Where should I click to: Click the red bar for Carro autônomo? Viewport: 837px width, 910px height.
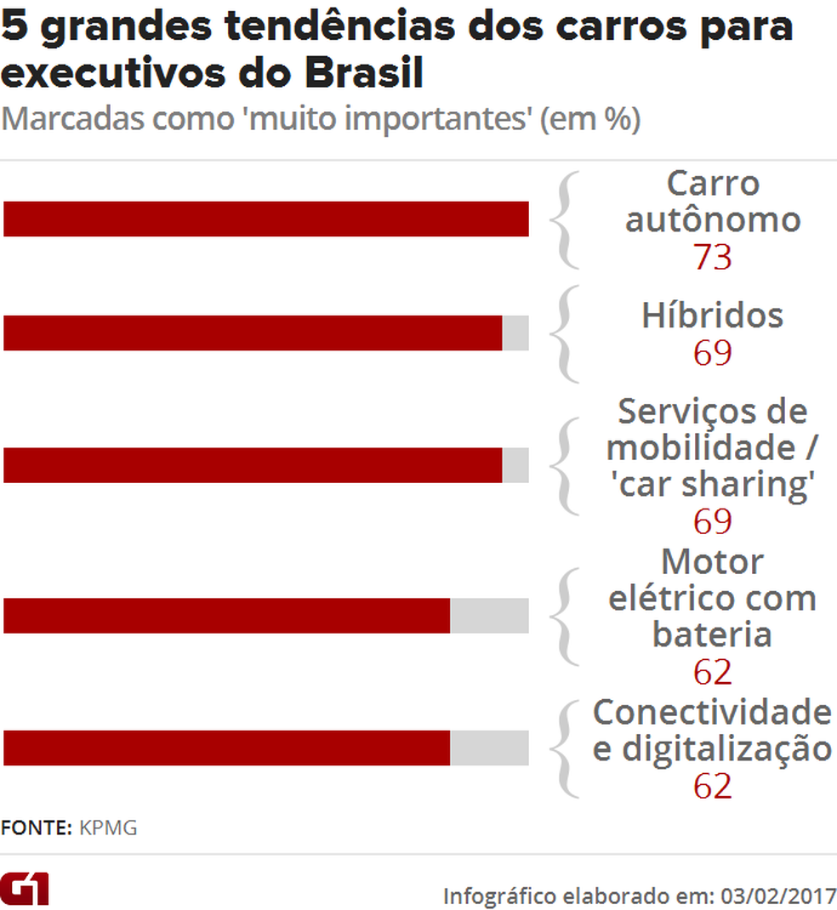[x=265, y=219]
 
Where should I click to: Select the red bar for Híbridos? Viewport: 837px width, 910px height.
[x=253, y=333]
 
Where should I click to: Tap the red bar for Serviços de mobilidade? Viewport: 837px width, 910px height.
[x=253, y=465]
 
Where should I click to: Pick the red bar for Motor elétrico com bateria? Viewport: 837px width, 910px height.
[x=226, y=615]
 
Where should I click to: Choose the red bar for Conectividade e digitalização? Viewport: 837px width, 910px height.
[x=226, y=748]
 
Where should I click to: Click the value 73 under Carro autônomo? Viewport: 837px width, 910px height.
[x=712, y=257]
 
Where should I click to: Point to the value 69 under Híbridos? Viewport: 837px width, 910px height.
[x=712, y=352]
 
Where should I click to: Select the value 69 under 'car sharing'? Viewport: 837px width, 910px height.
[x=712, y=521]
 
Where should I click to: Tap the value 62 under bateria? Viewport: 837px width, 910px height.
[x=712, y=672]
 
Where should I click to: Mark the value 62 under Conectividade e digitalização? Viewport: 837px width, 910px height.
[x=712, y=786]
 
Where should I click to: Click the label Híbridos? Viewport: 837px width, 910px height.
[x=712, y=316]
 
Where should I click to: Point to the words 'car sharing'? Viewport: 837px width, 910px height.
[x=712, y=485]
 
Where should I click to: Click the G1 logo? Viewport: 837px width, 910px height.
[x=25, y=888]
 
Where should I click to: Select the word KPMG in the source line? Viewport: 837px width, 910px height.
[x=108, y=828]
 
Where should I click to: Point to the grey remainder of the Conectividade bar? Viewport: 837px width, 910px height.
[x=489, y=748]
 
